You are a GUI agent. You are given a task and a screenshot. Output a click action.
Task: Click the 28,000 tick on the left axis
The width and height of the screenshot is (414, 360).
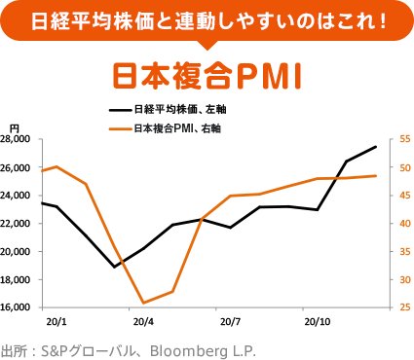17,139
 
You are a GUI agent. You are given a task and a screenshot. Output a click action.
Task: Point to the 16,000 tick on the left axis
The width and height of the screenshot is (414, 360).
17,307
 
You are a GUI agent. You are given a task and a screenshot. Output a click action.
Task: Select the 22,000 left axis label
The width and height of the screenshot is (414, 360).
17,224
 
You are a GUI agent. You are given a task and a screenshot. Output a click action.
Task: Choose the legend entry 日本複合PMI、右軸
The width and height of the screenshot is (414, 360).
175,128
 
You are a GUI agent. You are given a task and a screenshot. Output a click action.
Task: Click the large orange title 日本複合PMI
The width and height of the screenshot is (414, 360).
207,74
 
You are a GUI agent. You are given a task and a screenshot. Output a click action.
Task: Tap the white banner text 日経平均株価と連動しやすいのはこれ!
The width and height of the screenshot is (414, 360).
207,19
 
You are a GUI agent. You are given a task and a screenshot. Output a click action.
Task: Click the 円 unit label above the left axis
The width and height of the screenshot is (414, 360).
14,127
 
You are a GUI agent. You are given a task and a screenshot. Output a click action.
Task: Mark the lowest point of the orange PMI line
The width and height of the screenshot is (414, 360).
144,303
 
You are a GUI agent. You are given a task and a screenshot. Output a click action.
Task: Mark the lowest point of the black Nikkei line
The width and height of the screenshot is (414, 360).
115,267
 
